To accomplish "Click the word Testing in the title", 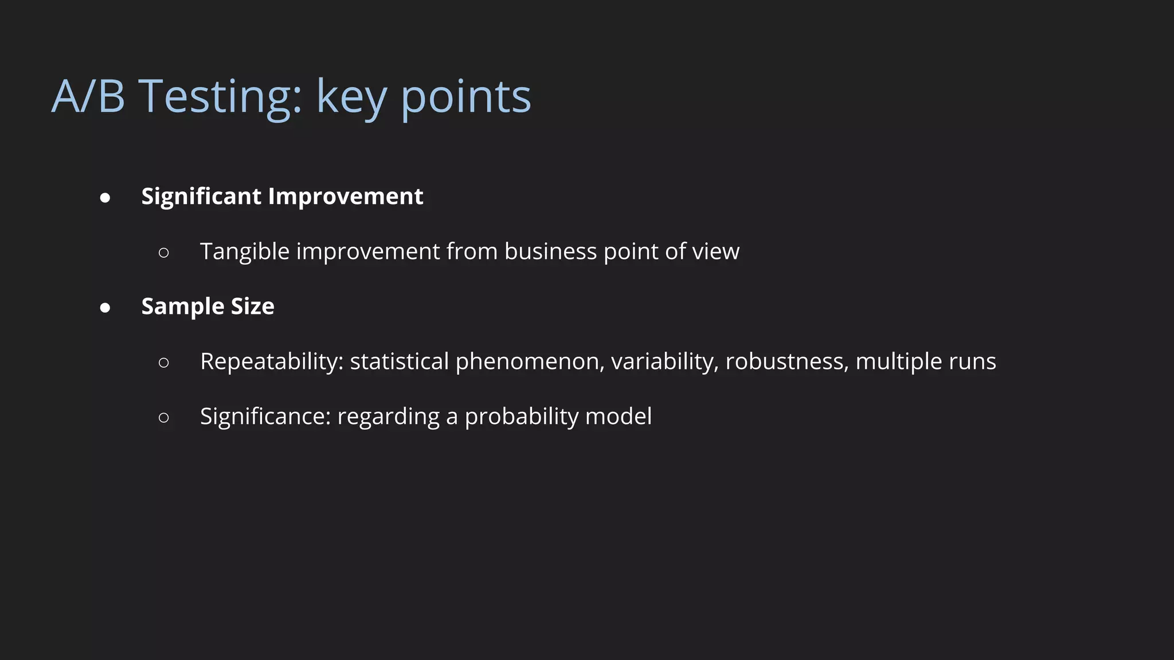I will (x=220, y=96).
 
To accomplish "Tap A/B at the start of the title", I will (x=88, y=96).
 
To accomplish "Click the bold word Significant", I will (x=201, y=197).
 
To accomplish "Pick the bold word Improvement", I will (x=346, y=197).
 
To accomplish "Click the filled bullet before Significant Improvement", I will (x=105, y=198).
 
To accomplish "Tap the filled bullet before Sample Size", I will (x=105, y=308).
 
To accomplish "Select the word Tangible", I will (x=244, y=252).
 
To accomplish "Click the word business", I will (x=550, y=252).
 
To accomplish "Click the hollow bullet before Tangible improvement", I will (x=164, y=253).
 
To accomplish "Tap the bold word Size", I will (x=252, y=307).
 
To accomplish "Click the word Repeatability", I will (x=271, y=362).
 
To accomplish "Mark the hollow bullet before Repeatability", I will (x=164, y=363).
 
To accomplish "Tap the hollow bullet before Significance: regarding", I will (x=164, y=418).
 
